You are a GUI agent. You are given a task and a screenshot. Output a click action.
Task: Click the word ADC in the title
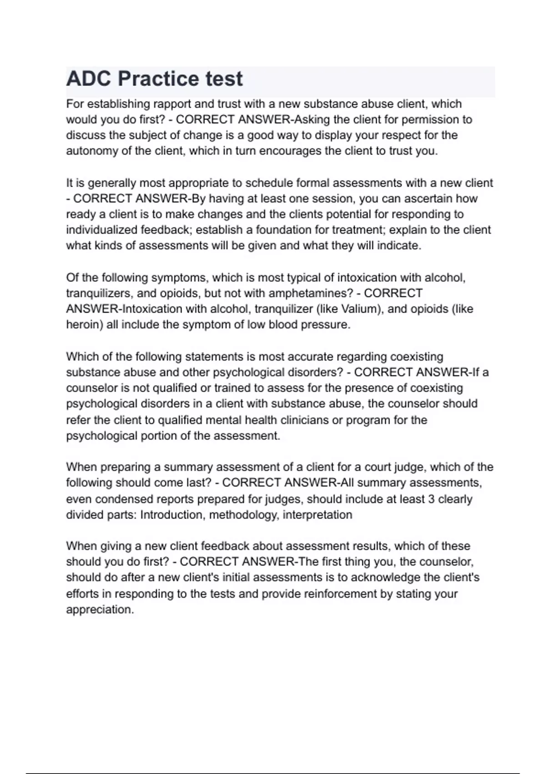coord(88,79)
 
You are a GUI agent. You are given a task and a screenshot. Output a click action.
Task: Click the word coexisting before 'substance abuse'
coord(417,356)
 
